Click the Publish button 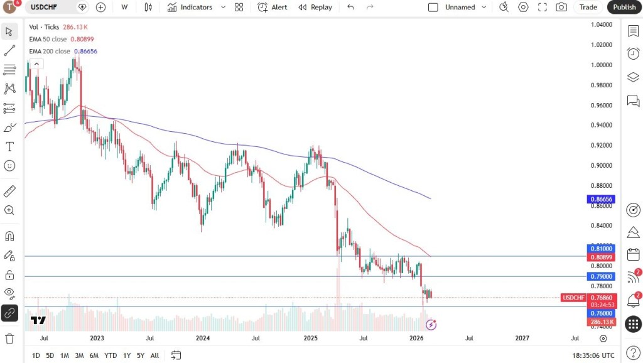pos(624,7)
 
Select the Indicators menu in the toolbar pos(190,7)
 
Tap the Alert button pos(273,7)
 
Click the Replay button pos(315,7)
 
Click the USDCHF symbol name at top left pos(45,7)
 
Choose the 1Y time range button pos(127,355)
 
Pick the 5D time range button pos(50,355)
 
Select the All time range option pos(154,355)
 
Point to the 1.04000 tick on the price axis pos(602,24)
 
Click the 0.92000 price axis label pos(602,145)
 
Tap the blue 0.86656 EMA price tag pos(601,199)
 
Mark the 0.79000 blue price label pos(601,276)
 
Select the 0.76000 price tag pos(601,313)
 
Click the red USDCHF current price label pos(574,298)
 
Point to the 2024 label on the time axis pos(203,338)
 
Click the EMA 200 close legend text pos(50,51)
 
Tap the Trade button pos(588,7)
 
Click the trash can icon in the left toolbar pos(9,339)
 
